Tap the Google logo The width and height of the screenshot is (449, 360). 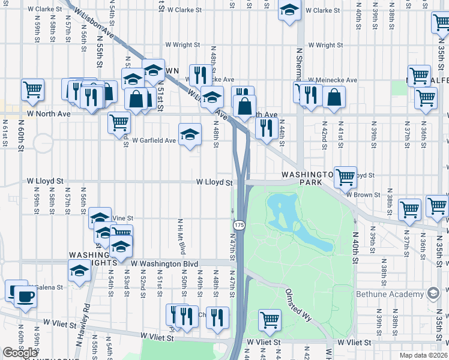pos(20,353)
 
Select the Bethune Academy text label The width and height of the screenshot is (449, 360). pos(390,294)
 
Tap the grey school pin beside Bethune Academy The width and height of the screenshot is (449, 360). pos(432,293)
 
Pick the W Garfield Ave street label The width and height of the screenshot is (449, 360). pos(154,140)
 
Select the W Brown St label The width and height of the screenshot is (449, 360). pos(363,194)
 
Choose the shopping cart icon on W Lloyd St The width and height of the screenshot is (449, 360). pos(345,176)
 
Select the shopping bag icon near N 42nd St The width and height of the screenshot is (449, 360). pos(334,96)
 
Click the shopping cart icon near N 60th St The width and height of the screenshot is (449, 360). pos(32,89)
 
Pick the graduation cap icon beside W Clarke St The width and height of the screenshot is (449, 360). pos(289,10)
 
